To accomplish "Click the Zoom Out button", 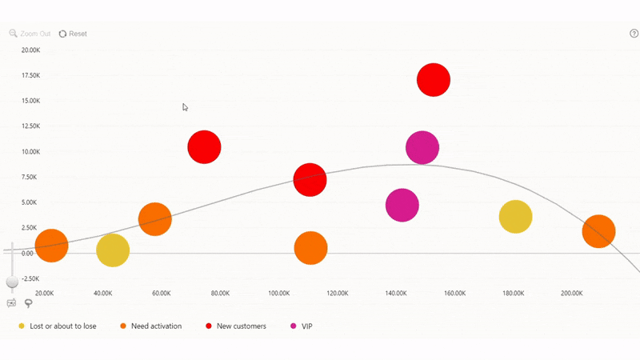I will (x=30, y=34).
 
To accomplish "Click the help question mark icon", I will (x=634, y=34).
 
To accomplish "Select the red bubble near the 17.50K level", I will (x=434, y=80).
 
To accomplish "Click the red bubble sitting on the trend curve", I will (x=310, y=179).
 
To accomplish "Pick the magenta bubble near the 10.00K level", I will (x=422, y=147).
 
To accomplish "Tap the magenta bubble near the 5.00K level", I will (x=402, y=205).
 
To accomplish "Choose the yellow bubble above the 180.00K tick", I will (x=515, y=217).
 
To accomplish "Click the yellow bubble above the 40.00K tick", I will (x=113, y=250).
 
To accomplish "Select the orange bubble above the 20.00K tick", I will (x=51, y=246).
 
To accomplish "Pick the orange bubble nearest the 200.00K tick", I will (x=598, y=232).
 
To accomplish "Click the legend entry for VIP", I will (x=306, y=326).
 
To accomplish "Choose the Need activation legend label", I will (x=156, y=326).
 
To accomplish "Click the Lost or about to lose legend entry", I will (x=62, y=326).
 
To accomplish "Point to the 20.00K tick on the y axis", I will (x=30, y=50).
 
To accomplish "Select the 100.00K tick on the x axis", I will (x=279, y=294).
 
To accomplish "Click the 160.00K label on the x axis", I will (x=454, y=294).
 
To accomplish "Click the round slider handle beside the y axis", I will (x=12, y=282).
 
